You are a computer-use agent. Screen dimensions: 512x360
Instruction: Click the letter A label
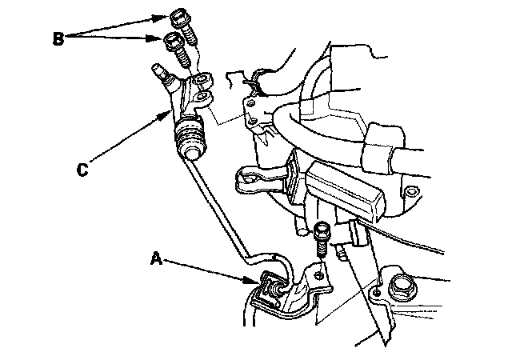[157, 258]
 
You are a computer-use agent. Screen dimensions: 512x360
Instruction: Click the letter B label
[58, 38]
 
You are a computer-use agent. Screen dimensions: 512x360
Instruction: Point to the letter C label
[82, 170]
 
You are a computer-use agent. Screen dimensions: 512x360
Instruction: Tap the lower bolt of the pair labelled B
[177, 50]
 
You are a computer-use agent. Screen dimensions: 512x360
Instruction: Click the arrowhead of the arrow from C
[165, 116]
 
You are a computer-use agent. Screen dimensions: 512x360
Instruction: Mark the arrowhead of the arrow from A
[253, 280]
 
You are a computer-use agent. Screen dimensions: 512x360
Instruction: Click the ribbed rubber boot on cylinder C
[190, 137]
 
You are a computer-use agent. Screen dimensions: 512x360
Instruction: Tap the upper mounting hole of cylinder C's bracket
[203, 79]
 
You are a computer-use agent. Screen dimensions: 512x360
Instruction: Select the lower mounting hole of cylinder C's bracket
[203, 97]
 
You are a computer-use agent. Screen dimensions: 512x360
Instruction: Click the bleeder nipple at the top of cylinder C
[160, 74]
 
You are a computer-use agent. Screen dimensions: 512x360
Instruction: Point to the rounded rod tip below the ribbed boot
[192, 154]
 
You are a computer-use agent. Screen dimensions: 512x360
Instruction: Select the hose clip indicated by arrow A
[271, 287]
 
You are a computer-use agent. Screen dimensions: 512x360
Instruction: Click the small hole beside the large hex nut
[377, 292]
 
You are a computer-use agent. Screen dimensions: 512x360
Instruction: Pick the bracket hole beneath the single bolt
[318, 275]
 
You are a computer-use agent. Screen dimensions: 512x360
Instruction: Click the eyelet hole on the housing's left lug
[249, 179]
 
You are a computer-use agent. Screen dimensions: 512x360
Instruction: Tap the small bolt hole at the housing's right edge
[410, 190]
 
